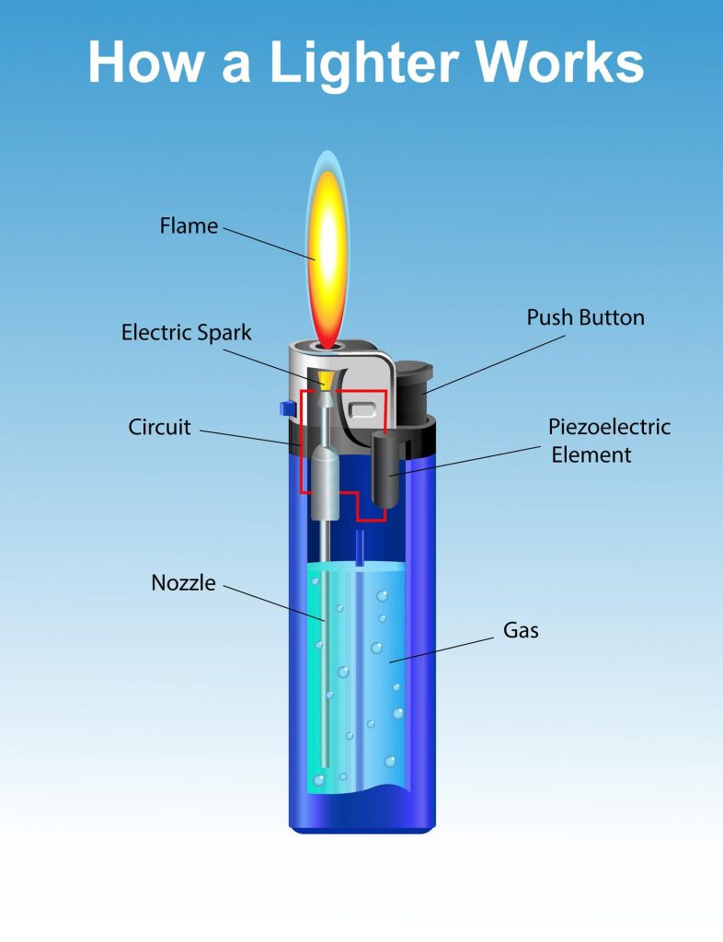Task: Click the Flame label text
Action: pyautogui.click(x=189, y=225)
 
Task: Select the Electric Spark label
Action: pyautogui.click(x=186, y=332)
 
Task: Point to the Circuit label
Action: pyautogui.click(x=159, y=428)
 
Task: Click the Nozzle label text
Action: pyautogui.click(x=183, y=582)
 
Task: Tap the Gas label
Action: pyautogui.click(x=521, y=631)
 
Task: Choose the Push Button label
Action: pyautogui.click(x=585, y=318)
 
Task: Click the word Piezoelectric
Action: pyautogui.click(x=609, y=427)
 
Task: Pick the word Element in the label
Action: pyautogui.click(x=591, y=454)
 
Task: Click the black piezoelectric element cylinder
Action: pyautogui.click(x=386, y=471)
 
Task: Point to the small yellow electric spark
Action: pyautogui.click(x=325, y=378)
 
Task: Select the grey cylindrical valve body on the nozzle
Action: pyautogui.click(x=325, y=483)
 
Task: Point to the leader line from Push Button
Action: pyautogui.click(x=497, y=362)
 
